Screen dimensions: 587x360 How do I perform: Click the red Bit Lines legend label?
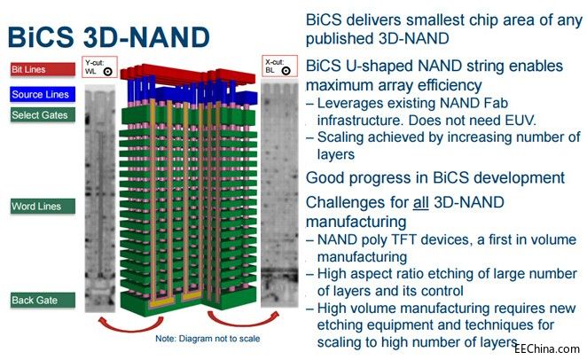point(43,69)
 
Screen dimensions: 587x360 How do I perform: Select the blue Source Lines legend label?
point(43,94)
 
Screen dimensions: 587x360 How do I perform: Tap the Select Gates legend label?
point(43,115)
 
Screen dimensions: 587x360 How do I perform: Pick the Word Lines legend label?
point(43,207)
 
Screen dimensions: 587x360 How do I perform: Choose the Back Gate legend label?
point(43,300)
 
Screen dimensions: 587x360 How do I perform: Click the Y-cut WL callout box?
point(99,67)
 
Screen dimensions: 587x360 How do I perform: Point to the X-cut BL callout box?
point(279,67)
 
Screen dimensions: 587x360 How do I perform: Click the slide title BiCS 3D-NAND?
point(108,37)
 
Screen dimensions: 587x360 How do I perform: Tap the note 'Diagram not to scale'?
point(207,339)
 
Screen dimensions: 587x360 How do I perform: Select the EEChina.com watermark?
point(546,348)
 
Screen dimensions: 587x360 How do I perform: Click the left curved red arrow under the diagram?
point(130,324)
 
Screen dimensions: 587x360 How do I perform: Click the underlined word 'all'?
point(421,203)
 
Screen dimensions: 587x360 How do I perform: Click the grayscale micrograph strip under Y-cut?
point(100,199)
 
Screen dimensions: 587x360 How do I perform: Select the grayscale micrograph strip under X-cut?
point(279,195)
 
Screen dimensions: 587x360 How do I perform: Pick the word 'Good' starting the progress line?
point(325,177)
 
